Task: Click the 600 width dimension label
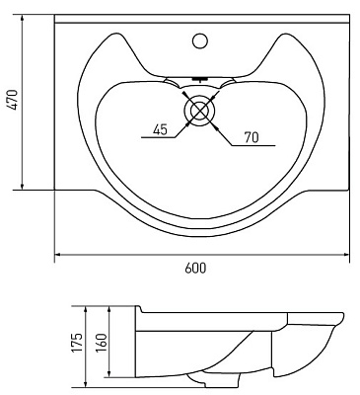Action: coord(195,268)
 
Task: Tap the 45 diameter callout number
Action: coord(160,129)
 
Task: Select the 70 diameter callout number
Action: coord(252,137)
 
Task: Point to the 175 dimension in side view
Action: coord(78,343)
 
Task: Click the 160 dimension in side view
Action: coord(102,343)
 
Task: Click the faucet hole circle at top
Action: coord(200,40)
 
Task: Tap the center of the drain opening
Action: coord(200,110)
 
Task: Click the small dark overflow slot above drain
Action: coord(199,79)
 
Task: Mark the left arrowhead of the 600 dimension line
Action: coord(57,255)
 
